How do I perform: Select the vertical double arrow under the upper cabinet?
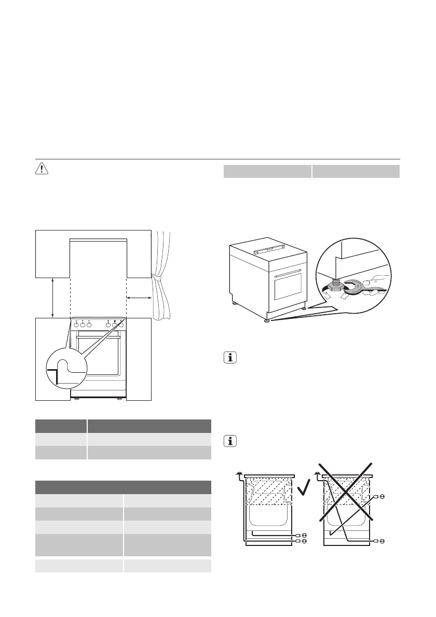coord(52,297)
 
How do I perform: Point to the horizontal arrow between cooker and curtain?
coord(139,298)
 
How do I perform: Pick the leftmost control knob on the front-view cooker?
coord(76,325)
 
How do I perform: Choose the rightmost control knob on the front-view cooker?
coord(121,325)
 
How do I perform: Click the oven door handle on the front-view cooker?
coord(99,337)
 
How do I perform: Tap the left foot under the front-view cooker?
coord(76,399)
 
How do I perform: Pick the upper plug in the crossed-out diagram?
coord(382,496)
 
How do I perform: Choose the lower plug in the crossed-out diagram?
coord(382,540)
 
